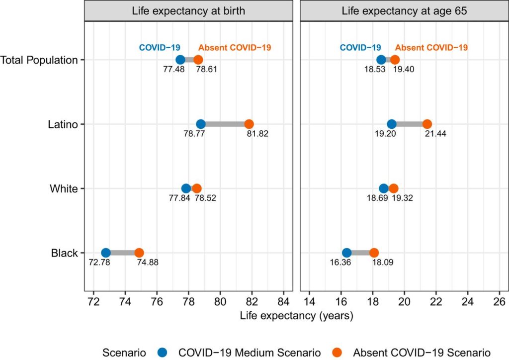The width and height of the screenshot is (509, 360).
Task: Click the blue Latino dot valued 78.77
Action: tap(201, 124)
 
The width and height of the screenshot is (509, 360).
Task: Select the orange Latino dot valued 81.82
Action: tap(249, 124)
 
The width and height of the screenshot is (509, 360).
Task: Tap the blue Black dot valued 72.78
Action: tap(106, 253)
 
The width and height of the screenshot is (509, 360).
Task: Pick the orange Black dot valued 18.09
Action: tap(374, 253)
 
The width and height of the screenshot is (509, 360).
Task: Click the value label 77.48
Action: tap(173, 69)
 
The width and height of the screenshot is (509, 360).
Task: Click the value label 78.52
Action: tap(205, 198)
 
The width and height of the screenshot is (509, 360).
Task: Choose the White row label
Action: tap(64, 188)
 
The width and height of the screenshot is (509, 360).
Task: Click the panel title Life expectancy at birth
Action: tap(188, 10)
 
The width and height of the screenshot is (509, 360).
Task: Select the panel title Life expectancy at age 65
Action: tap(405, 10)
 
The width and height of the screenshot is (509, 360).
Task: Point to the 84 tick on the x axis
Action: tap(284, 301)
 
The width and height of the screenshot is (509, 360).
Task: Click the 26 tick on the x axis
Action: tap(500, 301)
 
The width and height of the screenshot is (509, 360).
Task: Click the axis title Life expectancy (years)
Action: tap(296, 316)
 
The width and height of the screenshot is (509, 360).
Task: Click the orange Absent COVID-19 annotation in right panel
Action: tap(431, 48)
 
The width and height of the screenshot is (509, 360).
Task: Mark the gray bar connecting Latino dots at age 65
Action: tap(409, 124)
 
